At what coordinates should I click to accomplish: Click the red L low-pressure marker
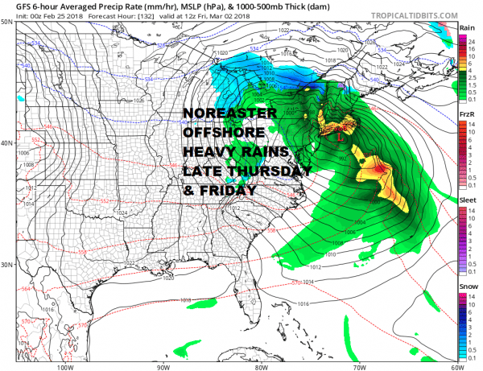(x=341, y=138)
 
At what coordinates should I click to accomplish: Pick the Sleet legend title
(x=467, y=202)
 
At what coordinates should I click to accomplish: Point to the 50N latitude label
(x=6, y=22)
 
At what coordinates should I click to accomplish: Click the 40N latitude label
(x=6, y=143)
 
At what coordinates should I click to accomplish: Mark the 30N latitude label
(x=6, y=265)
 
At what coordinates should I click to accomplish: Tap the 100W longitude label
(x=66, y=366)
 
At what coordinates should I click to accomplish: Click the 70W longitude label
(x=357, y=366)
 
